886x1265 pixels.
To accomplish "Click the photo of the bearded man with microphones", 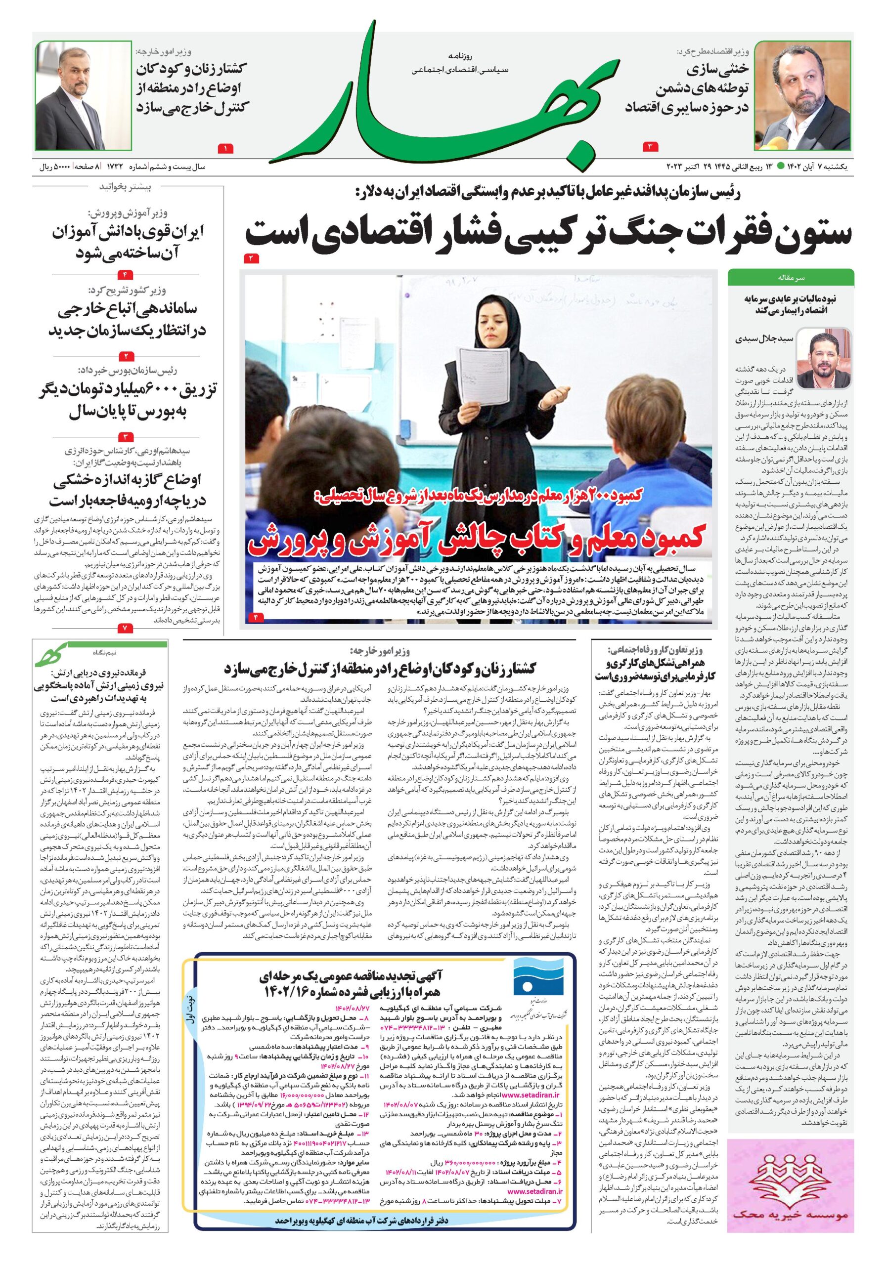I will (802, 96).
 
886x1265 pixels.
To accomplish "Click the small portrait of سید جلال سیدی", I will (831, 358).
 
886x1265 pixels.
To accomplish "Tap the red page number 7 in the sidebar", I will (125, 628).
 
